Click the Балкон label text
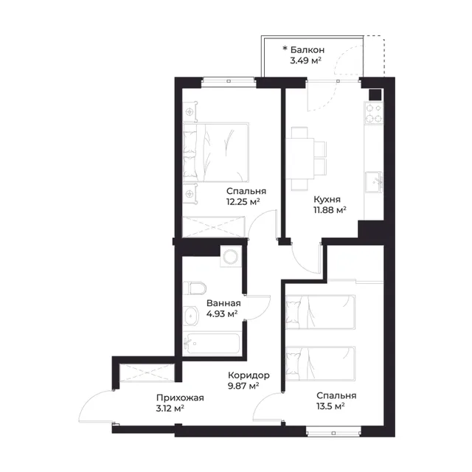[308, 49]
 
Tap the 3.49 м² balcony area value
[305, 60]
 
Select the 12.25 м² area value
[243, 201]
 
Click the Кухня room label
[327, 200]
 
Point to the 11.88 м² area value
[330, 209]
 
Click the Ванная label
[223, 303]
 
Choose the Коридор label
[249, 375]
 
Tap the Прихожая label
[180, 398]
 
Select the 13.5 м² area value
[330, 406]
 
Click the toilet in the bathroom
[194, 288]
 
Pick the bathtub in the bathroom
[212, 344]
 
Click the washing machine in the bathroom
[231, 257]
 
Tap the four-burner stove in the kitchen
[374, 113]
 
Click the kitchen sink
[374, 182]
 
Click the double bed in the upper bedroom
[216, 153]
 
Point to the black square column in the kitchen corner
[375, 95]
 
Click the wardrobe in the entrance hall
[147, 372]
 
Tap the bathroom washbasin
[190, 316]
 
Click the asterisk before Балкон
[285, 48]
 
